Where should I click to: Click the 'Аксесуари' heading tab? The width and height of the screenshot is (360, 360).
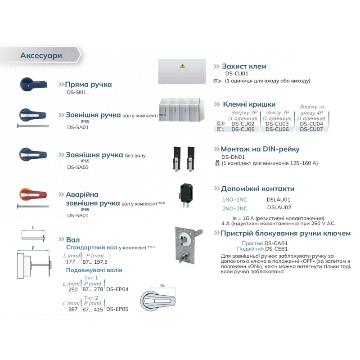click(x=41, y=55)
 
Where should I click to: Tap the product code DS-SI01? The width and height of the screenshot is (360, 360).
click(x=76, y=92)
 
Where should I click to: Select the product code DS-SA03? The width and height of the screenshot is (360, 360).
click(x=77, y=167)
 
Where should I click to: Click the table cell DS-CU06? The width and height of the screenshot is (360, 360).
click(x=277, y=129)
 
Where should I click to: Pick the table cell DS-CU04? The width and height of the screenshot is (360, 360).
click(x=311, y=124)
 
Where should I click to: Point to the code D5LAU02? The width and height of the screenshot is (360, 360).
click(x=279, y=207)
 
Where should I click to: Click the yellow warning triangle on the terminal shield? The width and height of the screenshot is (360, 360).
click(x=182, y=66)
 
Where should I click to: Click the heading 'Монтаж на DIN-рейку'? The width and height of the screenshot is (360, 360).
click(x=260, y=149)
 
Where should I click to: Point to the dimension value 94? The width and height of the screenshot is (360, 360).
click(x=162, y=285)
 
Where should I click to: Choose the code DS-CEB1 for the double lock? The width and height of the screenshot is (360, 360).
click(x=276, y=248)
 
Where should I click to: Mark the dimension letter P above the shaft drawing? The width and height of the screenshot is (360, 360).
click(x=33, y=248)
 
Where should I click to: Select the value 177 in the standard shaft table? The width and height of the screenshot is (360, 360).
click(x=70, y=261)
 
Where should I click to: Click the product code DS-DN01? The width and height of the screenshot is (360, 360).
click(x=233, y=157)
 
